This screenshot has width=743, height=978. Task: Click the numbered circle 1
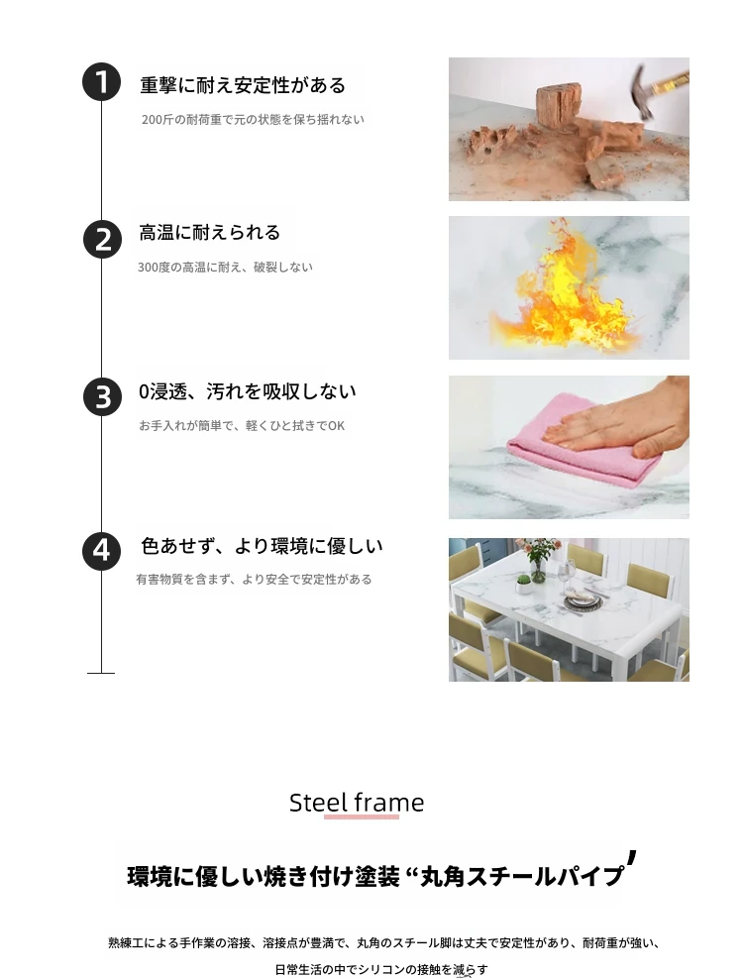pos(101,81)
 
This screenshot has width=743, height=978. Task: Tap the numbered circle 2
pos(102,240)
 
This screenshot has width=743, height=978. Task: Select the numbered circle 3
pos(102,396)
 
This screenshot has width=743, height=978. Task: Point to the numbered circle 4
pos(101,551)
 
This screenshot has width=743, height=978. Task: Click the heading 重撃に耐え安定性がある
pos(243,85)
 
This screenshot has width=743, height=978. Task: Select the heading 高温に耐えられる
pos(210,233)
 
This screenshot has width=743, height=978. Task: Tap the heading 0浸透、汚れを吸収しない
pos(247,391)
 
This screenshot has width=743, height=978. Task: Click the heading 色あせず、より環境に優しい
pos(262,546)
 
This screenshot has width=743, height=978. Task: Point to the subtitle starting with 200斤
pos(253,119)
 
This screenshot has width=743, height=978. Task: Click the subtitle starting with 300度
pos(225,267)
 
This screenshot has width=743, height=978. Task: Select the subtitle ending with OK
pos(242,425)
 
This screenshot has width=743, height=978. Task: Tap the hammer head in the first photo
pos(640,93)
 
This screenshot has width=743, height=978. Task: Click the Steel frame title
pos(357,802)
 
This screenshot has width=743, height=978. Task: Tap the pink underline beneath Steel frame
pos(362,816)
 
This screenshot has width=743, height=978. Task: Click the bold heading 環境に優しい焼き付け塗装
pos(264,876)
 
